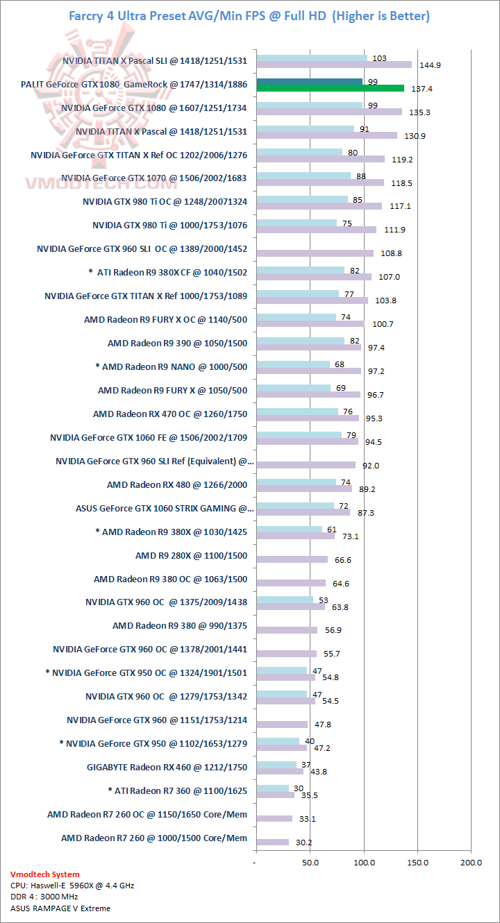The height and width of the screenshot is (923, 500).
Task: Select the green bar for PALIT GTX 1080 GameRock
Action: (x=330, y=88)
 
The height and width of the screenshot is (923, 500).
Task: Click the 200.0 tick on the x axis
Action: (x=471, y=862)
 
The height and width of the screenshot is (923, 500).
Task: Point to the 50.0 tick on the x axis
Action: (x=310, y=862)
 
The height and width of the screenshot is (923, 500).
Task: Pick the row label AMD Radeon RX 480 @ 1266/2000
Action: (x=177, y=484)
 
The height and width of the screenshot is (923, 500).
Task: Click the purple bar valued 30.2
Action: (x=272, y=842)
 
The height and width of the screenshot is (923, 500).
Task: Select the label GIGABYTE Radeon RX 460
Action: (x=167, y=767)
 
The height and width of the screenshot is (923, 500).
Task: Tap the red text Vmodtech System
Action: (x=45, y=874)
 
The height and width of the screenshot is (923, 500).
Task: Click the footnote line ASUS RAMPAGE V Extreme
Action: (x=60, y=908)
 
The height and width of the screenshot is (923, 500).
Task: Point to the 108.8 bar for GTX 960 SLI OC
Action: (x=315, y=253)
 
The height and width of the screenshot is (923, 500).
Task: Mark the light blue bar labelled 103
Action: (x=312, y=58)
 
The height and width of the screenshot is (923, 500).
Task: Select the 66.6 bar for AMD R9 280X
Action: (x=292, y=559)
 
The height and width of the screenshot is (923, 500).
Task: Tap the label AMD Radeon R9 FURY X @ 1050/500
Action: (x=172, y=390)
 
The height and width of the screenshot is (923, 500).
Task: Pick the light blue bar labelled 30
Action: (x=272, y=788)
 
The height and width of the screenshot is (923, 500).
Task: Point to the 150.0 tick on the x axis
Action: (x=417, y=862)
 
